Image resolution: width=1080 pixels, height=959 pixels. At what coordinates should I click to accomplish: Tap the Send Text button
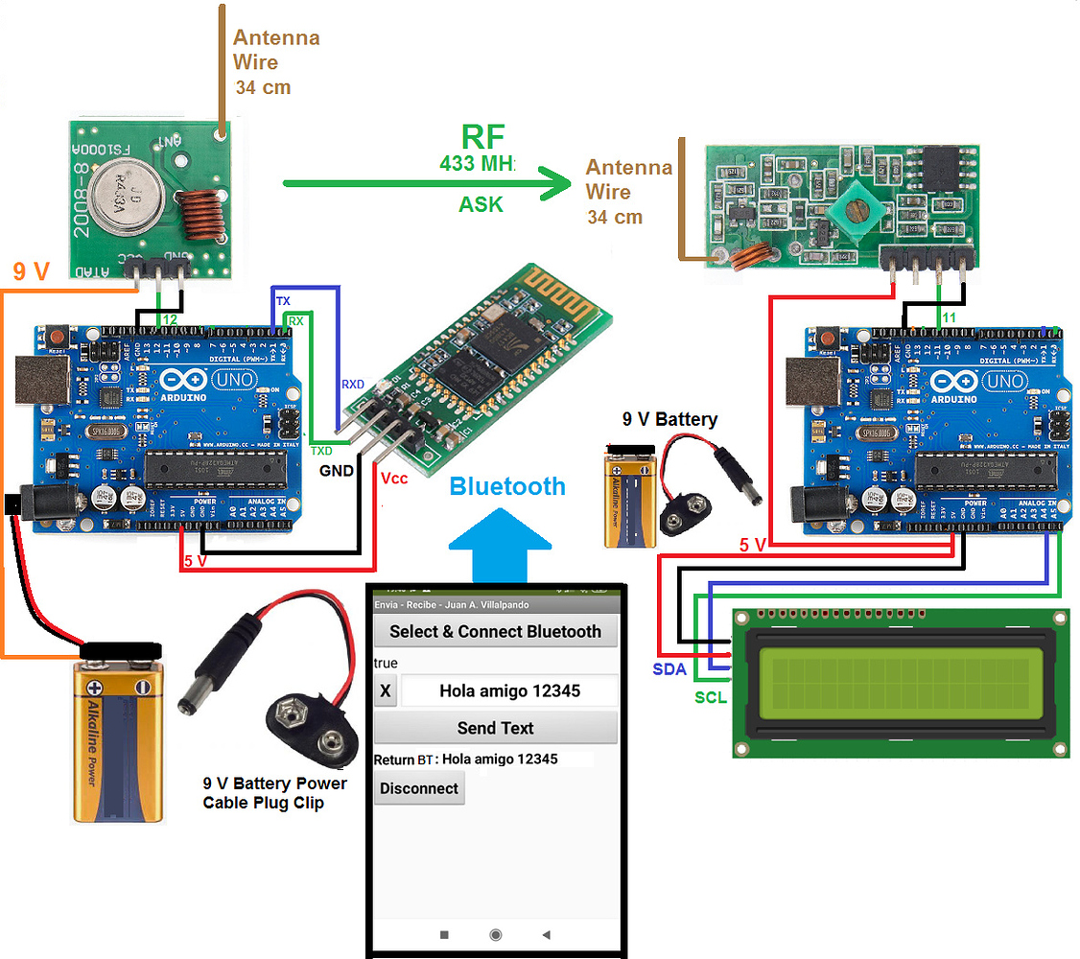[495, 728]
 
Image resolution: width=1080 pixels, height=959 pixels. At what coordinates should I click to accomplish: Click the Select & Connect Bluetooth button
[495, 632]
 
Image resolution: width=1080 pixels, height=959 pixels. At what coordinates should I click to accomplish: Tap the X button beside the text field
[385, 690]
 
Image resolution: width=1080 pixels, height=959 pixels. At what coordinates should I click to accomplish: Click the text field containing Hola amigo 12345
[509, 690]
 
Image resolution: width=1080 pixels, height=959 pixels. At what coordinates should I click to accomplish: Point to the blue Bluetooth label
[507, 486]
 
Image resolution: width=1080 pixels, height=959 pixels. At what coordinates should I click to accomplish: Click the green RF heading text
[482, 137]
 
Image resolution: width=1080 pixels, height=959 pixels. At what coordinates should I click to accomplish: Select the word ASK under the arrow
[481, 204]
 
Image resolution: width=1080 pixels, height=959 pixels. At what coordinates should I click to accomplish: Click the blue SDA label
[669, 669]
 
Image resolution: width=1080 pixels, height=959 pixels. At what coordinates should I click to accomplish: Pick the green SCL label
[711, 697]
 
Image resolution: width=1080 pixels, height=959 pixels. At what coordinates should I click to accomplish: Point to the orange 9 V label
[32, 272]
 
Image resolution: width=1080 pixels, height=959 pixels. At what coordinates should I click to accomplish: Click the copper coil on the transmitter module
[202, 217]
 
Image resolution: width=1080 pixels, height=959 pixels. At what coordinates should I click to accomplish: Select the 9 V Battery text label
[669, 419]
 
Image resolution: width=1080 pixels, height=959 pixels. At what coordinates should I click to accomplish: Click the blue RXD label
[353, 385]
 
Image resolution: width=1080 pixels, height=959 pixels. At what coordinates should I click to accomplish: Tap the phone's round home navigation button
[495, 934]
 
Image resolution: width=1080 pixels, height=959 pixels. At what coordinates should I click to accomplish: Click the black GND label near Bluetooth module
[336, 471]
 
